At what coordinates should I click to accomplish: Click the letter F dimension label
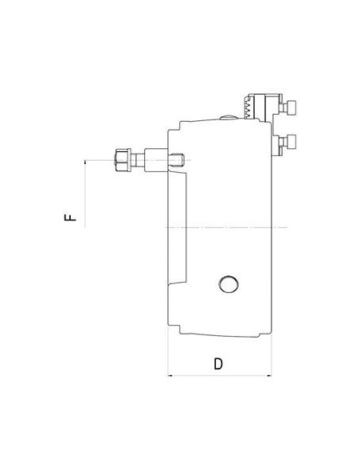[70, 217]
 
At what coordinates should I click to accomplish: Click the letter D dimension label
[218, 364]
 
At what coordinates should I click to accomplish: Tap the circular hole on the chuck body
[229, 284]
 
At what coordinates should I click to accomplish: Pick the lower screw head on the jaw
[291, 141]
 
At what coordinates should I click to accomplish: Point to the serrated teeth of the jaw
[248, 107]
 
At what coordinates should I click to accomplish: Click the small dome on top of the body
[228, 118]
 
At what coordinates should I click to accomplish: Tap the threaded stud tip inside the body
[177, 160]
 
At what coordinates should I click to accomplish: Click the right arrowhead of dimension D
[269, 376]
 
